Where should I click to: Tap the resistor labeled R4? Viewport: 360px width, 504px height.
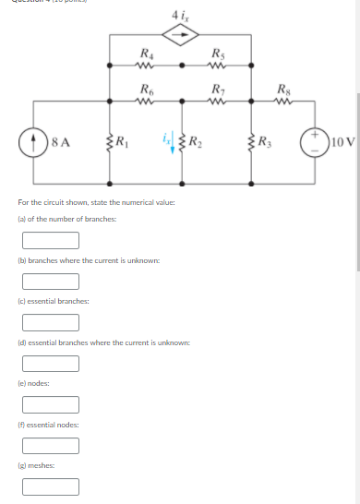point(144,66)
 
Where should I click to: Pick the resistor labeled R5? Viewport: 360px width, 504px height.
point(218,66)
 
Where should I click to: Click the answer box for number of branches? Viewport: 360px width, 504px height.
point(51,240)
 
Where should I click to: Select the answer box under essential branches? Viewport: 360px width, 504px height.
point(51,322)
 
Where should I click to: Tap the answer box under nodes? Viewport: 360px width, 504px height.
point(51,403)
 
